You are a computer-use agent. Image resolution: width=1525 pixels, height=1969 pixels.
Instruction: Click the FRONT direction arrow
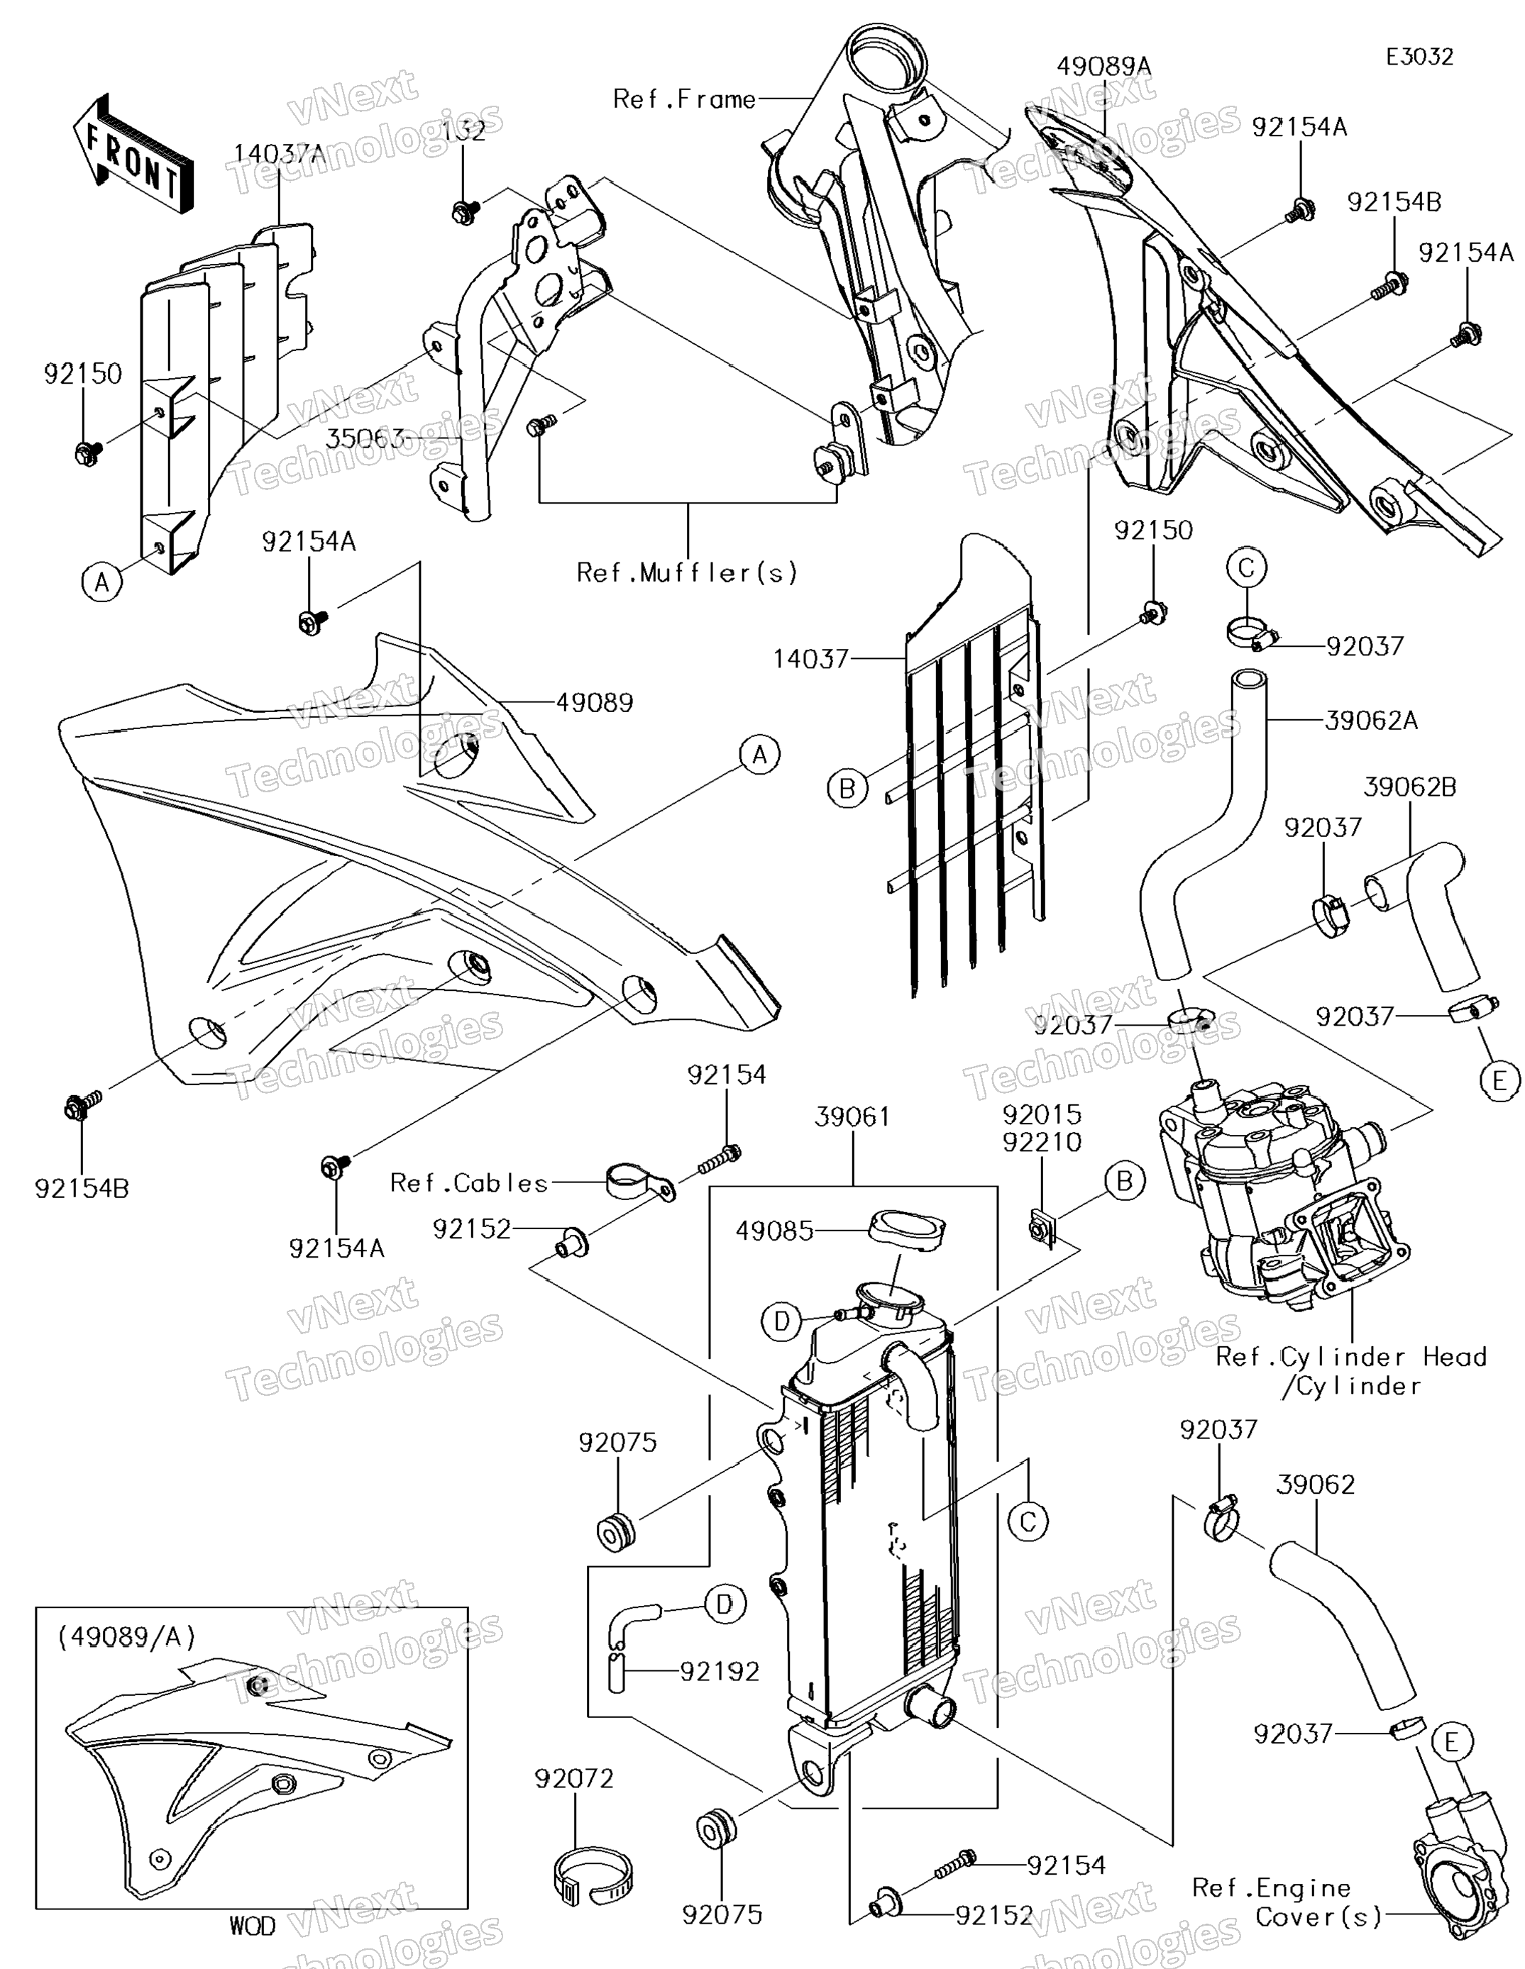coord(133,154)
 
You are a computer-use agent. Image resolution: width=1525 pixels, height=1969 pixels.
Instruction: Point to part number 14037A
coord(280,153)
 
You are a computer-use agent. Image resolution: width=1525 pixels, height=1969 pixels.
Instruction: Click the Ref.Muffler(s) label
coord(687,572)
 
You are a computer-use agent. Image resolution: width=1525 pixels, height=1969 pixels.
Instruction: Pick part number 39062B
coord(1409,787)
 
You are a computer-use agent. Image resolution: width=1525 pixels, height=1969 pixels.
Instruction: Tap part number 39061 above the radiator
coord(852,1116)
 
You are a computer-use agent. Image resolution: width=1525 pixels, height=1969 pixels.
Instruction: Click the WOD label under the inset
coord(253,1926)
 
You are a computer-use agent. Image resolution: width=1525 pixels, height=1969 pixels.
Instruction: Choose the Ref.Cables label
coord(469,1183)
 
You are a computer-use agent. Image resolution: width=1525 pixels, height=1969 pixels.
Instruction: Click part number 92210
coord(1042,1142)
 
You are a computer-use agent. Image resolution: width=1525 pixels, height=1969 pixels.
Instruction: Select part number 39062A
coord(1372,721)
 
